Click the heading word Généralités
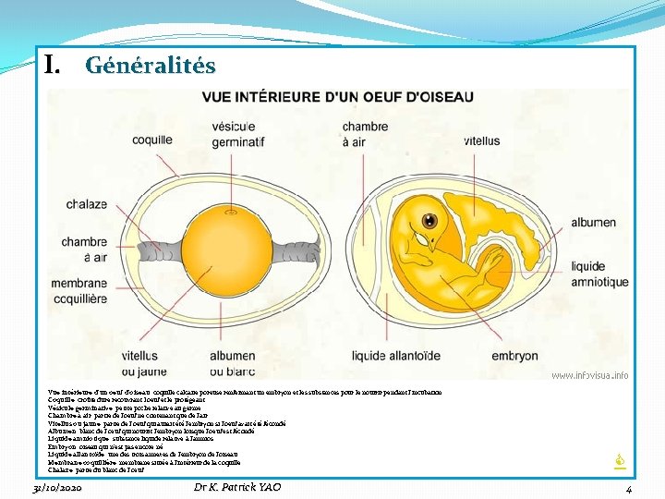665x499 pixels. click(151, 67)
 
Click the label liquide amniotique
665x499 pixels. click(600, 274)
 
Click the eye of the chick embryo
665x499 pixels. click(430, 221)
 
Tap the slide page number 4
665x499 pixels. click(628, 489)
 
